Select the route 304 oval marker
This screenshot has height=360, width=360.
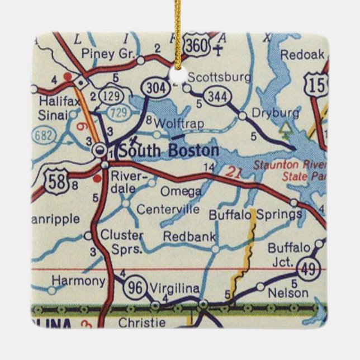pos(153,87)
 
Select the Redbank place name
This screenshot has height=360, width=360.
pos(189,236)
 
